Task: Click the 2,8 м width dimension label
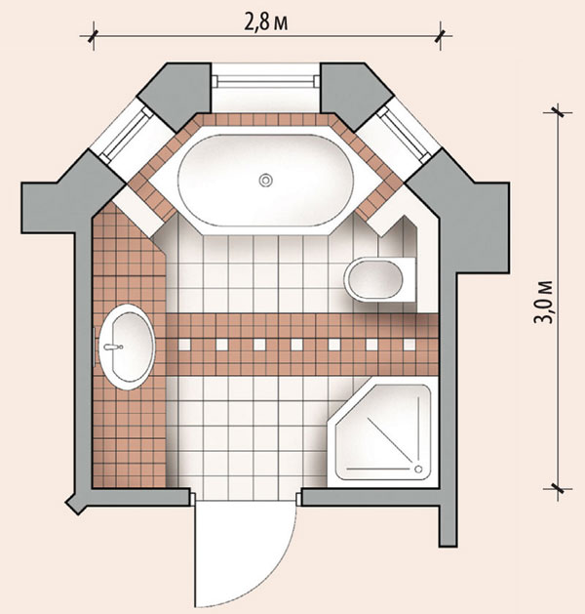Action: click(266, 22)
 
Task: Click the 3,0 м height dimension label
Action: click(543, 301)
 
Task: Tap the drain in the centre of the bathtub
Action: click(266, 181)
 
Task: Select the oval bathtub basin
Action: click(266, 181)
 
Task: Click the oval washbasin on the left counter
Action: click(127, 347)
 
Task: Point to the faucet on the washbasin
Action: click(114, 347)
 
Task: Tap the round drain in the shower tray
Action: click(418, 469)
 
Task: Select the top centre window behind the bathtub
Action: click(266, 82)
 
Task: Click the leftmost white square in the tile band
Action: click(184, 345)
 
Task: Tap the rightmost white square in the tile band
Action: click(409, 345)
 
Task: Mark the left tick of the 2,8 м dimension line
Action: click(93, 36)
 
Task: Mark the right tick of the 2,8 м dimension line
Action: click(441, 36)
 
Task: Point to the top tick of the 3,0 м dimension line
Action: click(558, 112)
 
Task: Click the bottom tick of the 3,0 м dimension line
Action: click(558, 489)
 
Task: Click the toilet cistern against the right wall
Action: click(409, 279)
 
